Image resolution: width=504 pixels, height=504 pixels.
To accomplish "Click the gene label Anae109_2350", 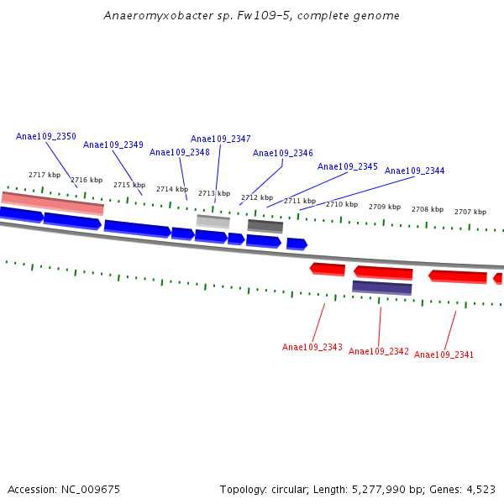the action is (46, 136).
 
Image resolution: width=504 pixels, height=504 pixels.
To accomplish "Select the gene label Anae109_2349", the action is (113, 144).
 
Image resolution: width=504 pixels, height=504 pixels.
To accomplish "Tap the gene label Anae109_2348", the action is (180, 152).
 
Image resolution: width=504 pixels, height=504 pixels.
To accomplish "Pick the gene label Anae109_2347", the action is (221, 139).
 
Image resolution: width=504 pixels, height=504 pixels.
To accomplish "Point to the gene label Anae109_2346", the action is (283, 153).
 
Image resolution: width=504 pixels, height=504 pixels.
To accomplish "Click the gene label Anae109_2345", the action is (348, 166).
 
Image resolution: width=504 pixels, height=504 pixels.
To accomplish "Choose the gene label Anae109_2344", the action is (415, 171).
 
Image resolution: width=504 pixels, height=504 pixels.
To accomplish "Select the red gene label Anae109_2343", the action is (312, 347).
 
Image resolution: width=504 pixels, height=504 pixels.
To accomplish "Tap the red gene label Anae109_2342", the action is (379, 351).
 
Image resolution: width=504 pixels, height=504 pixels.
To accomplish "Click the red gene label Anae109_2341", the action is (444, 354).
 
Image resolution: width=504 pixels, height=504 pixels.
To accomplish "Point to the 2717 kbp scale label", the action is (45, 175).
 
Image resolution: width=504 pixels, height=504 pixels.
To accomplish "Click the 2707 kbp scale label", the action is (470, 212).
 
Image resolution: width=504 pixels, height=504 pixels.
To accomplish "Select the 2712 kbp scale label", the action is (257, 197).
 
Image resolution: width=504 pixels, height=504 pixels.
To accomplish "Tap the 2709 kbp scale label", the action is (385, 207).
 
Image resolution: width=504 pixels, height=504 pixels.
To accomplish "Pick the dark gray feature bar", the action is (265, 225).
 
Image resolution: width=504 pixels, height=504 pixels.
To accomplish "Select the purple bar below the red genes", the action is (382, 287).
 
